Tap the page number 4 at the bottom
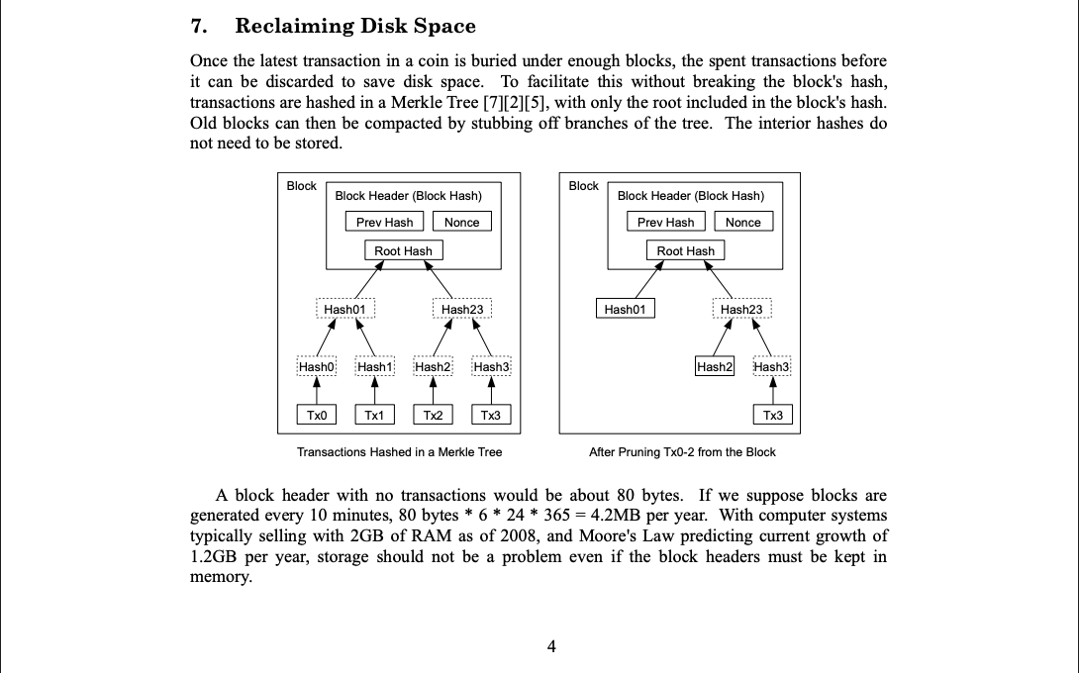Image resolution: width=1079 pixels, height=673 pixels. pyautogui.click(x=551, y=647)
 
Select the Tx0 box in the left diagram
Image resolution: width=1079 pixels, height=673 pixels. pyautogui.click(x=317, y=415)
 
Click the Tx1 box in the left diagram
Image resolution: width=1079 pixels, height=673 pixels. pyautogui.click(x=374, y=415)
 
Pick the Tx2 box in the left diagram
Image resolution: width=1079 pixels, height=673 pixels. pyautogui.click(x=433, y=415)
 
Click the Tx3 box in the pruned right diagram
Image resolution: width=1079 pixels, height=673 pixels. pyautogui.click(x=773, y=415)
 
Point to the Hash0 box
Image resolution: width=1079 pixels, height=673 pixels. pyautogui.click(x=317, y=367)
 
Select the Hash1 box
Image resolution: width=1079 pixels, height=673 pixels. pyautogui.click(x=374, y=367)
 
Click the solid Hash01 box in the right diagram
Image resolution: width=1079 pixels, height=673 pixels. pyautogui.click(x=625, y=310)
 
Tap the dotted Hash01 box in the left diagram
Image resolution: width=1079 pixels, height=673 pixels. pyautogui.click(x=344, y=310)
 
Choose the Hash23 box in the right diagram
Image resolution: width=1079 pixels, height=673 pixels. pyautogui.click(x=741, y=310)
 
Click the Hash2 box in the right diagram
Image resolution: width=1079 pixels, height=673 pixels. pyautogui.click(x=715, y=367)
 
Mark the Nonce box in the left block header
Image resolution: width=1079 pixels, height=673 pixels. pyautogui.click(x=461, y=223)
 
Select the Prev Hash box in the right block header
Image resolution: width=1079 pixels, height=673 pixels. pyautogui.click(x=665, y=223)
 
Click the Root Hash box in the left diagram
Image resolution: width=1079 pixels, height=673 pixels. pyautogui.click(x=403, y=251)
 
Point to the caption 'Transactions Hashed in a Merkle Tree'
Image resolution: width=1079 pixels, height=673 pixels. pyautogui.click(x=400, y=452)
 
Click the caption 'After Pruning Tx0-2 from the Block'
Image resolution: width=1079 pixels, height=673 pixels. pyautogui.click(x=682, y=452)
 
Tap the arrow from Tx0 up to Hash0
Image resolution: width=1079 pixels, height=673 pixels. pyautogui.click(x=317, y=391)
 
